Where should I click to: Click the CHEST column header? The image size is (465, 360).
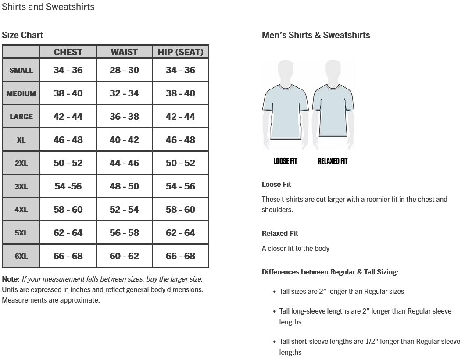[68, 52]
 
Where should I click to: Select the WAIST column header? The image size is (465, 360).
[124, 52]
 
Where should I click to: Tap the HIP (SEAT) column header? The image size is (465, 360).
[180, 52]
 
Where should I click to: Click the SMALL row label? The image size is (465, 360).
[21, 70]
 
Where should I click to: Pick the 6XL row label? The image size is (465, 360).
[21, 256]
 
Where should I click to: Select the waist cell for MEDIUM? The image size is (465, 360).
[124, 93]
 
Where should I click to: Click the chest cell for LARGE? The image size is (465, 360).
[68, 117]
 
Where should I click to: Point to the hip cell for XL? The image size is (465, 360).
[180, 140]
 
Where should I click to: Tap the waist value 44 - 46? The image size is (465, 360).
[124, 163]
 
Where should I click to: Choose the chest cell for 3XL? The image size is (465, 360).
[68, 186]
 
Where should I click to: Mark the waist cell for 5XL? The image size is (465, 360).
[124, 233]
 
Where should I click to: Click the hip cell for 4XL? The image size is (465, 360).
[180, 210]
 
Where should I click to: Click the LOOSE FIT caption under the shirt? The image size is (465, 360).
[285, 161]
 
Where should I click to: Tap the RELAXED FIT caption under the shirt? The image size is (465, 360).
[333, 161]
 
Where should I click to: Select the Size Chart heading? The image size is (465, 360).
[23, 35]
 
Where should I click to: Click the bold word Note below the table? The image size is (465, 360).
[11, 279]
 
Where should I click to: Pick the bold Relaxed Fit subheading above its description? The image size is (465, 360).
[280, 233]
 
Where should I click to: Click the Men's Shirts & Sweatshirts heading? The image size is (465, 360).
[316, 35]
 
